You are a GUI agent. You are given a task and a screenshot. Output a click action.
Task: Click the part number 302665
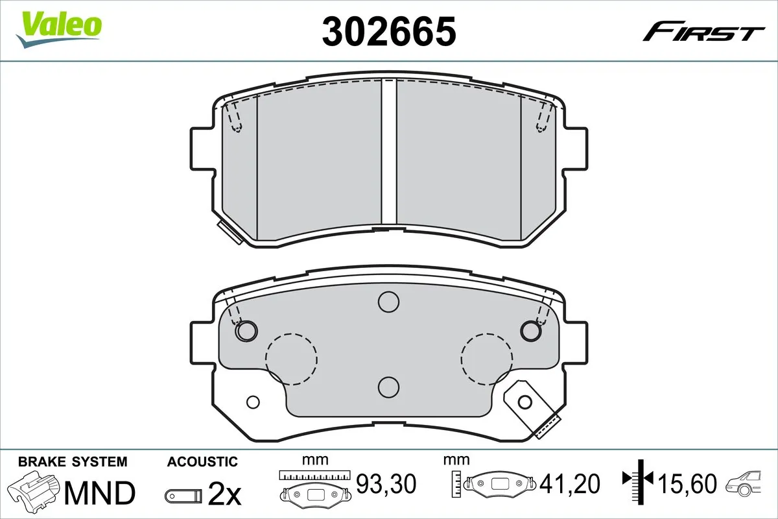pos(388,31)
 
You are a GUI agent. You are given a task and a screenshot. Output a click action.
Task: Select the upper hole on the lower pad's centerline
pos(388,302)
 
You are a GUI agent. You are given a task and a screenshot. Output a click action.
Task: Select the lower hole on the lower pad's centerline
pos(388,387)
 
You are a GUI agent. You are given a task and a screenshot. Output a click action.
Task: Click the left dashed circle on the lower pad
pos(291,358)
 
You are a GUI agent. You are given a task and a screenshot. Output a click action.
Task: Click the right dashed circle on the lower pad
pos(486,358)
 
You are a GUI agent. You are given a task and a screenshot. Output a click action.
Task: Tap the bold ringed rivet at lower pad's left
pos(246,331)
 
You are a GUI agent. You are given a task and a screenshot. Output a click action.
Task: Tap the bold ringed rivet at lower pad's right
pos(530,331)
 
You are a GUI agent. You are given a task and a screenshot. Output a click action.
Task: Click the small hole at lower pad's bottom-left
pos(253,402)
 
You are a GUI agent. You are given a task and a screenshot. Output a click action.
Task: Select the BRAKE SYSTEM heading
pos(73,462)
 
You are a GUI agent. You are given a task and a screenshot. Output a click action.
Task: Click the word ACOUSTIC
pos(202,462)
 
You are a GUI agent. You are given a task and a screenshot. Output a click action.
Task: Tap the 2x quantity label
pos(224,494)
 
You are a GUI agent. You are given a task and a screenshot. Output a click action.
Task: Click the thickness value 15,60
pos(687,483)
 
